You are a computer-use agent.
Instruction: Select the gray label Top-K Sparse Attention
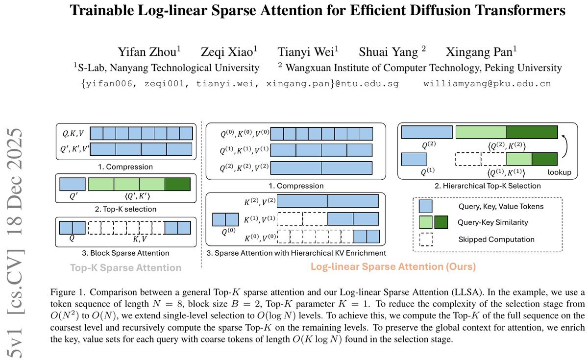pyautogui.click(x=125, y=267)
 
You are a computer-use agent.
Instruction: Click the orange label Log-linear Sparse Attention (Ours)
pyautogui.click(x=393, y=267)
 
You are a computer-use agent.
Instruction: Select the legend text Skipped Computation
pyautogui.click(x=496, y=239)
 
